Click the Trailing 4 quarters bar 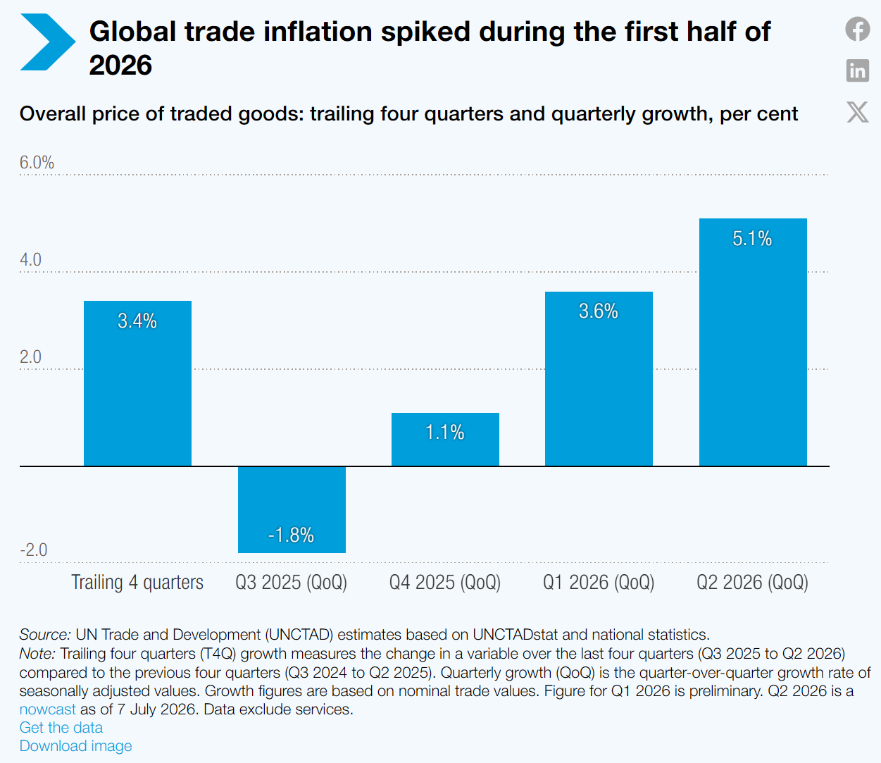click(x=137, y=383)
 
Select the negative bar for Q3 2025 click(x=292, y=509)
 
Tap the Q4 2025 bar click(x=445, y=440)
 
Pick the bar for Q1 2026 click(x=599, y=379)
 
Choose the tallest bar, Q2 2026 click(x=753, y=342)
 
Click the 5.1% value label click(x=752, y=238)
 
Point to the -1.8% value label click(x=291, y=535)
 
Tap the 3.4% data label click(x=137, y=321)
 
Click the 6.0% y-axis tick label click(x=37, y=163)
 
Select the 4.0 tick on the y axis click(x=31, y=260)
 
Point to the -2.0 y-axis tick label click(x=34, y=550)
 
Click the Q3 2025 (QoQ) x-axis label click(x=292, y=583)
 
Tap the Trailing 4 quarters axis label click(x=137, y=582)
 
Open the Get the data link click(x=61, y=727)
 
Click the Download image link click(x=76, y=745)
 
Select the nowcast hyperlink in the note click(x=48, y=709)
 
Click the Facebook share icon click(x=858, y=29)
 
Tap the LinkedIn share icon click(x=858, y=70)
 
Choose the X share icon click(x=858, y=112)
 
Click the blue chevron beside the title click(x=48, y=42)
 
